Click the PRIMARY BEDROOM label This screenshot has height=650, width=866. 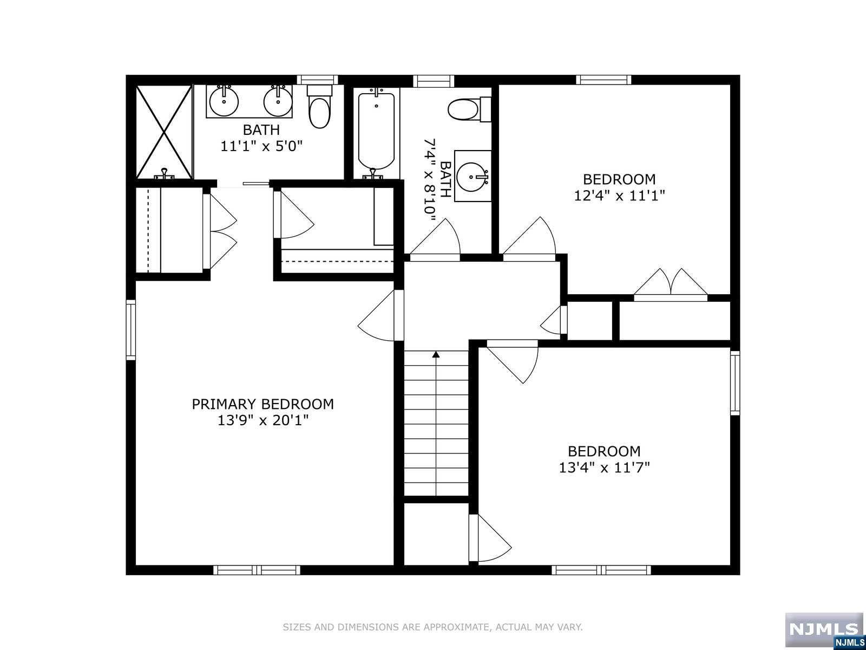click(x=263, y=404)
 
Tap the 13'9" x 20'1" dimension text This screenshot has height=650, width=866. click(x=263, y=421)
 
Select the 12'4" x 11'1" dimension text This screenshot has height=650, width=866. click(x=619, y=196)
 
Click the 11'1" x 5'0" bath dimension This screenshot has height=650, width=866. click(x=261, y=146)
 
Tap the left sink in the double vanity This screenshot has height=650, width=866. click(x=224, y=101)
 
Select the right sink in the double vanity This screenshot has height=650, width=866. click(x=278, y=101)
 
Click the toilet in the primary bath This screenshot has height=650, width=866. click(x=319, y=107)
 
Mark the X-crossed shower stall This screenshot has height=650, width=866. click(x=164, y=132)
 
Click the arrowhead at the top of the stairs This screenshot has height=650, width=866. click(x=436, y=354)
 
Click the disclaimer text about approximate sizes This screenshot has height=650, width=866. click(x=432, y=627)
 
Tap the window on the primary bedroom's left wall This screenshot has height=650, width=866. click(x=130, y=330)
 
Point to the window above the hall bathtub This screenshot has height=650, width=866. click(x=433, y=81)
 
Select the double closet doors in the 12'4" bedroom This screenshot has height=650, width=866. click(x=670, y=284)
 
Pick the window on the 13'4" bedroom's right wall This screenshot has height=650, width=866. click(x=735, y=383)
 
